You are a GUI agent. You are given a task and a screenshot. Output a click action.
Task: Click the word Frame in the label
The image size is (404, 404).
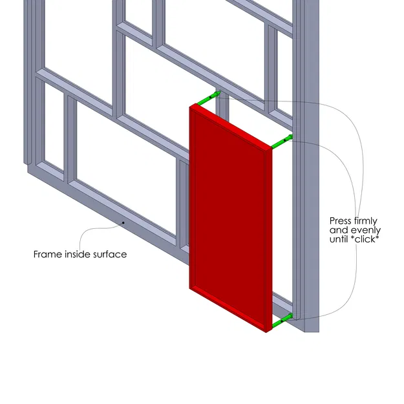[48, 254]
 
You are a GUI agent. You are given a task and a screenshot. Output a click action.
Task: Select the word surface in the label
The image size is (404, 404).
[110, 254]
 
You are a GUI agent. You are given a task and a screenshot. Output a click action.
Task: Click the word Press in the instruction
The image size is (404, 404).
[341, 220]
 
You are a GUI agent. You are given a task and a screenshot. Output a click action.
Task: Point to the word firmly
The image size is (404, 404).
[366, 220]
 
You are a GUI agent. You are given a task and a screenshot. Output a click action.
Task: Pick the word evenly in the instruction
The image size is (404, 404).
[367, 230]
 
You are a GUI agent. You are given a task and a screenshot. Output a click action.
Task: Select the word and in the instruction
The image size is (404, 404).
[338, 230]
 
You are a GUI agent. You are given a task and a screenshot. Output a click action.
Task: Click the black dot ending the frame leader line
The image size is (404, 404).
[123, 223]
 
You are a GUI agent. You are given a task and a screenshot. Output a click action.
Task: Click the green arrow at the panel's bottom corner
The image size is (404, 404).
[282, 320]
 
